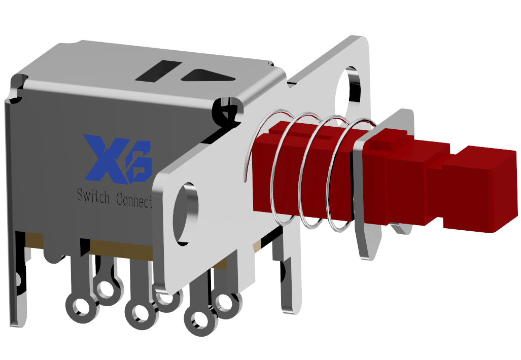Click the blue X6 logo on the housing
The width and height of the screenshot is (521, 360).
coord(118,159)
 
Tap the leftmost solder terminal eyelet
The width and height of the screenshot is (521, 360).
coord(79,307)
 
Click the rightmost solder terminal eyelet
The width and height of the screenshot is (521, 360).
coord(227,305)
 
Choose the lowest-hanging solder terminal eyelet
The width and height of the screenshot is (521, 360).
coord(199,321)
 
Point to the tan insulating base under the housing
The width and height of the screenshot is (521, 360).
coord(122,251)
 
